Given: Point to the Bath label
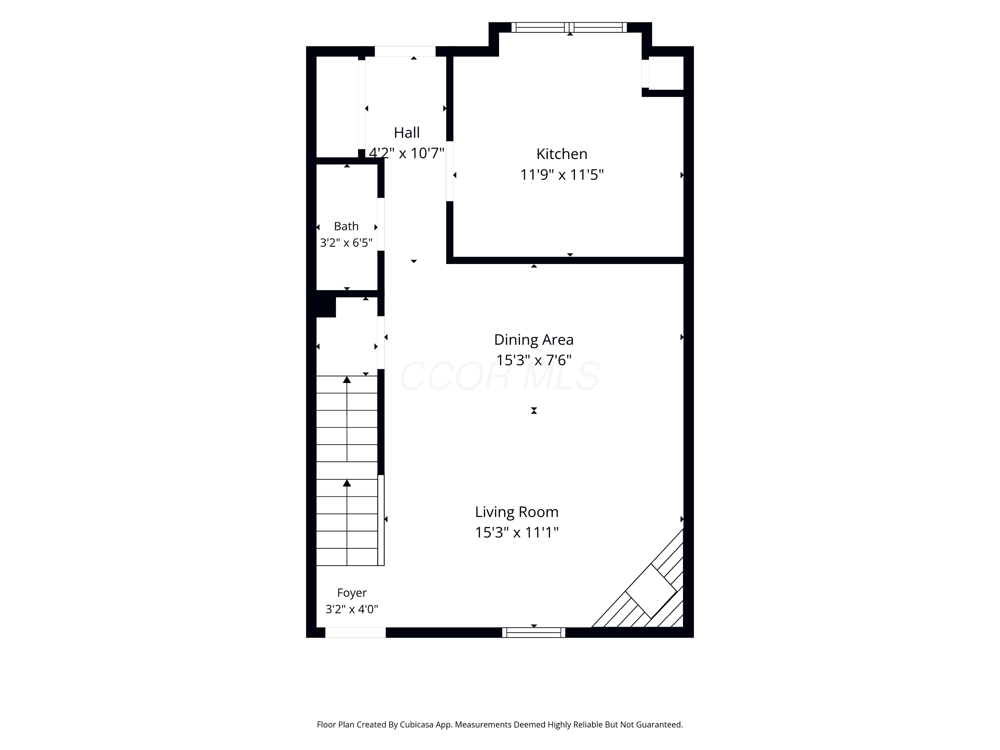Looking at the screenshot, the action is pyautogui.click(x=346, y=226).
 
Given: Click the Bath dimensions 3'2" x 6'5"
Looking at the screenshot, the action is pyautogui.click(x=346, y=243).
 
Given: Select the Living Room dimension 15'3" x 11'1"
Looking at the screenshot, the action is pyautogui.click(x=517, y=533).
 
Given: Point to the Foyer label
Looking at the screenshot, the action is pyautogui.click(x=352, y=593).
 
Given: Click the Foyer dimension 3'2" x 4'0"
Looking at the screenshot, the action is pyautogui.click(x=352, y=609).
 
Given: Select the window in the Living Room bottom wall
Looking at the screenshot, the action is pyautogui.click(x=533, y=632).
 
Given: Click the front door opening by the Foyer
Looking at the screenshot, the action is pyautogui.click(x=355, y=632).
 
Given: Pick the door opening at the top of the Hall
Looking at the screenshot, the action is pyautogui.click(x=405, y=52).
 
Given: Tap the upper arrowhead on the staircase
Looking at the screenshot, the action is pyautogui.click(x=347, y=380).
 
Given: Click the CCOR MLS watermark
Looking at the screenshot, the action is pyautogui.click(x=500, y=376).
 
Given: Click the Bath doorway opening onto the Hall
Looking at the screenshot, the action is pyautogui.click(x=381, y=224).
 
